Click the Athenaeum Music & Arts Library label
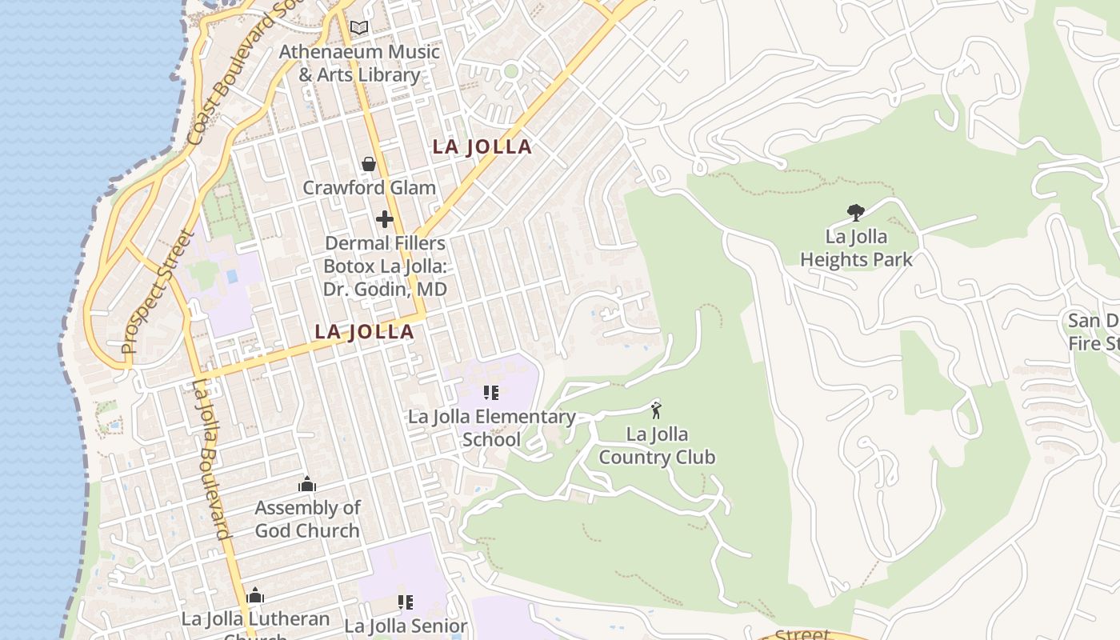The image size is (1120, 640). click(359, 63)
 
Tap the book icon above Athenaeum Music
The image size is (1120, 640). click(359, 28)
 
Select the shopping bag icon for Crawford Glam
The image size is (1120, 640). click(369, 164)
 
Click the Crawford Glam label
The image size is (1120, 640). click(369, 188)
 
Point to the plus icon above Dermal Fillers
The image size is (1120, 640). click(385, 218)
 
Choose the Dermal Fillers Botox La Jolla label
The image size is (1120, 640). click(385, 266)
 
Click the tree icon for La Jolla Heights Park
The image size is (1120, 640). click(856, 212)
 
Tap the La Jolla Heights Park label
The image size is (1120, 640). click(856, 248)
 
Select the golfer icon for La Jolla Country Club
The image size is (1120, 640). click(656, 410)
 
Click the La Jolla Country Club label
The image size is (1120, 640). click(656, 446)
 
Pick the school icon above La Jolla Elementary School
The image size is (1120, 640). click(491, 392)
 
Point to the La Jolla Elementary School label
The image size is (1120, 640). click(491, 428)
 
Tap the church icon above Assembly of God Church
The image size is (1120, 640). click(307, 484)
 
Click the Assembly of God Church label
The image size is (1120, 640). click(307, 519)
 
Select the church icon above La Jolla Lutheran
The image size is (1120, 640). click(255, 596)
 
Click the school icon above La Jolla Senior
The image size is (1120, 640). click(406, 602)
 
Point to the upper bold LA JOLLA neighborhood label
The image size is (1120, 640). click(482, 146)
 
